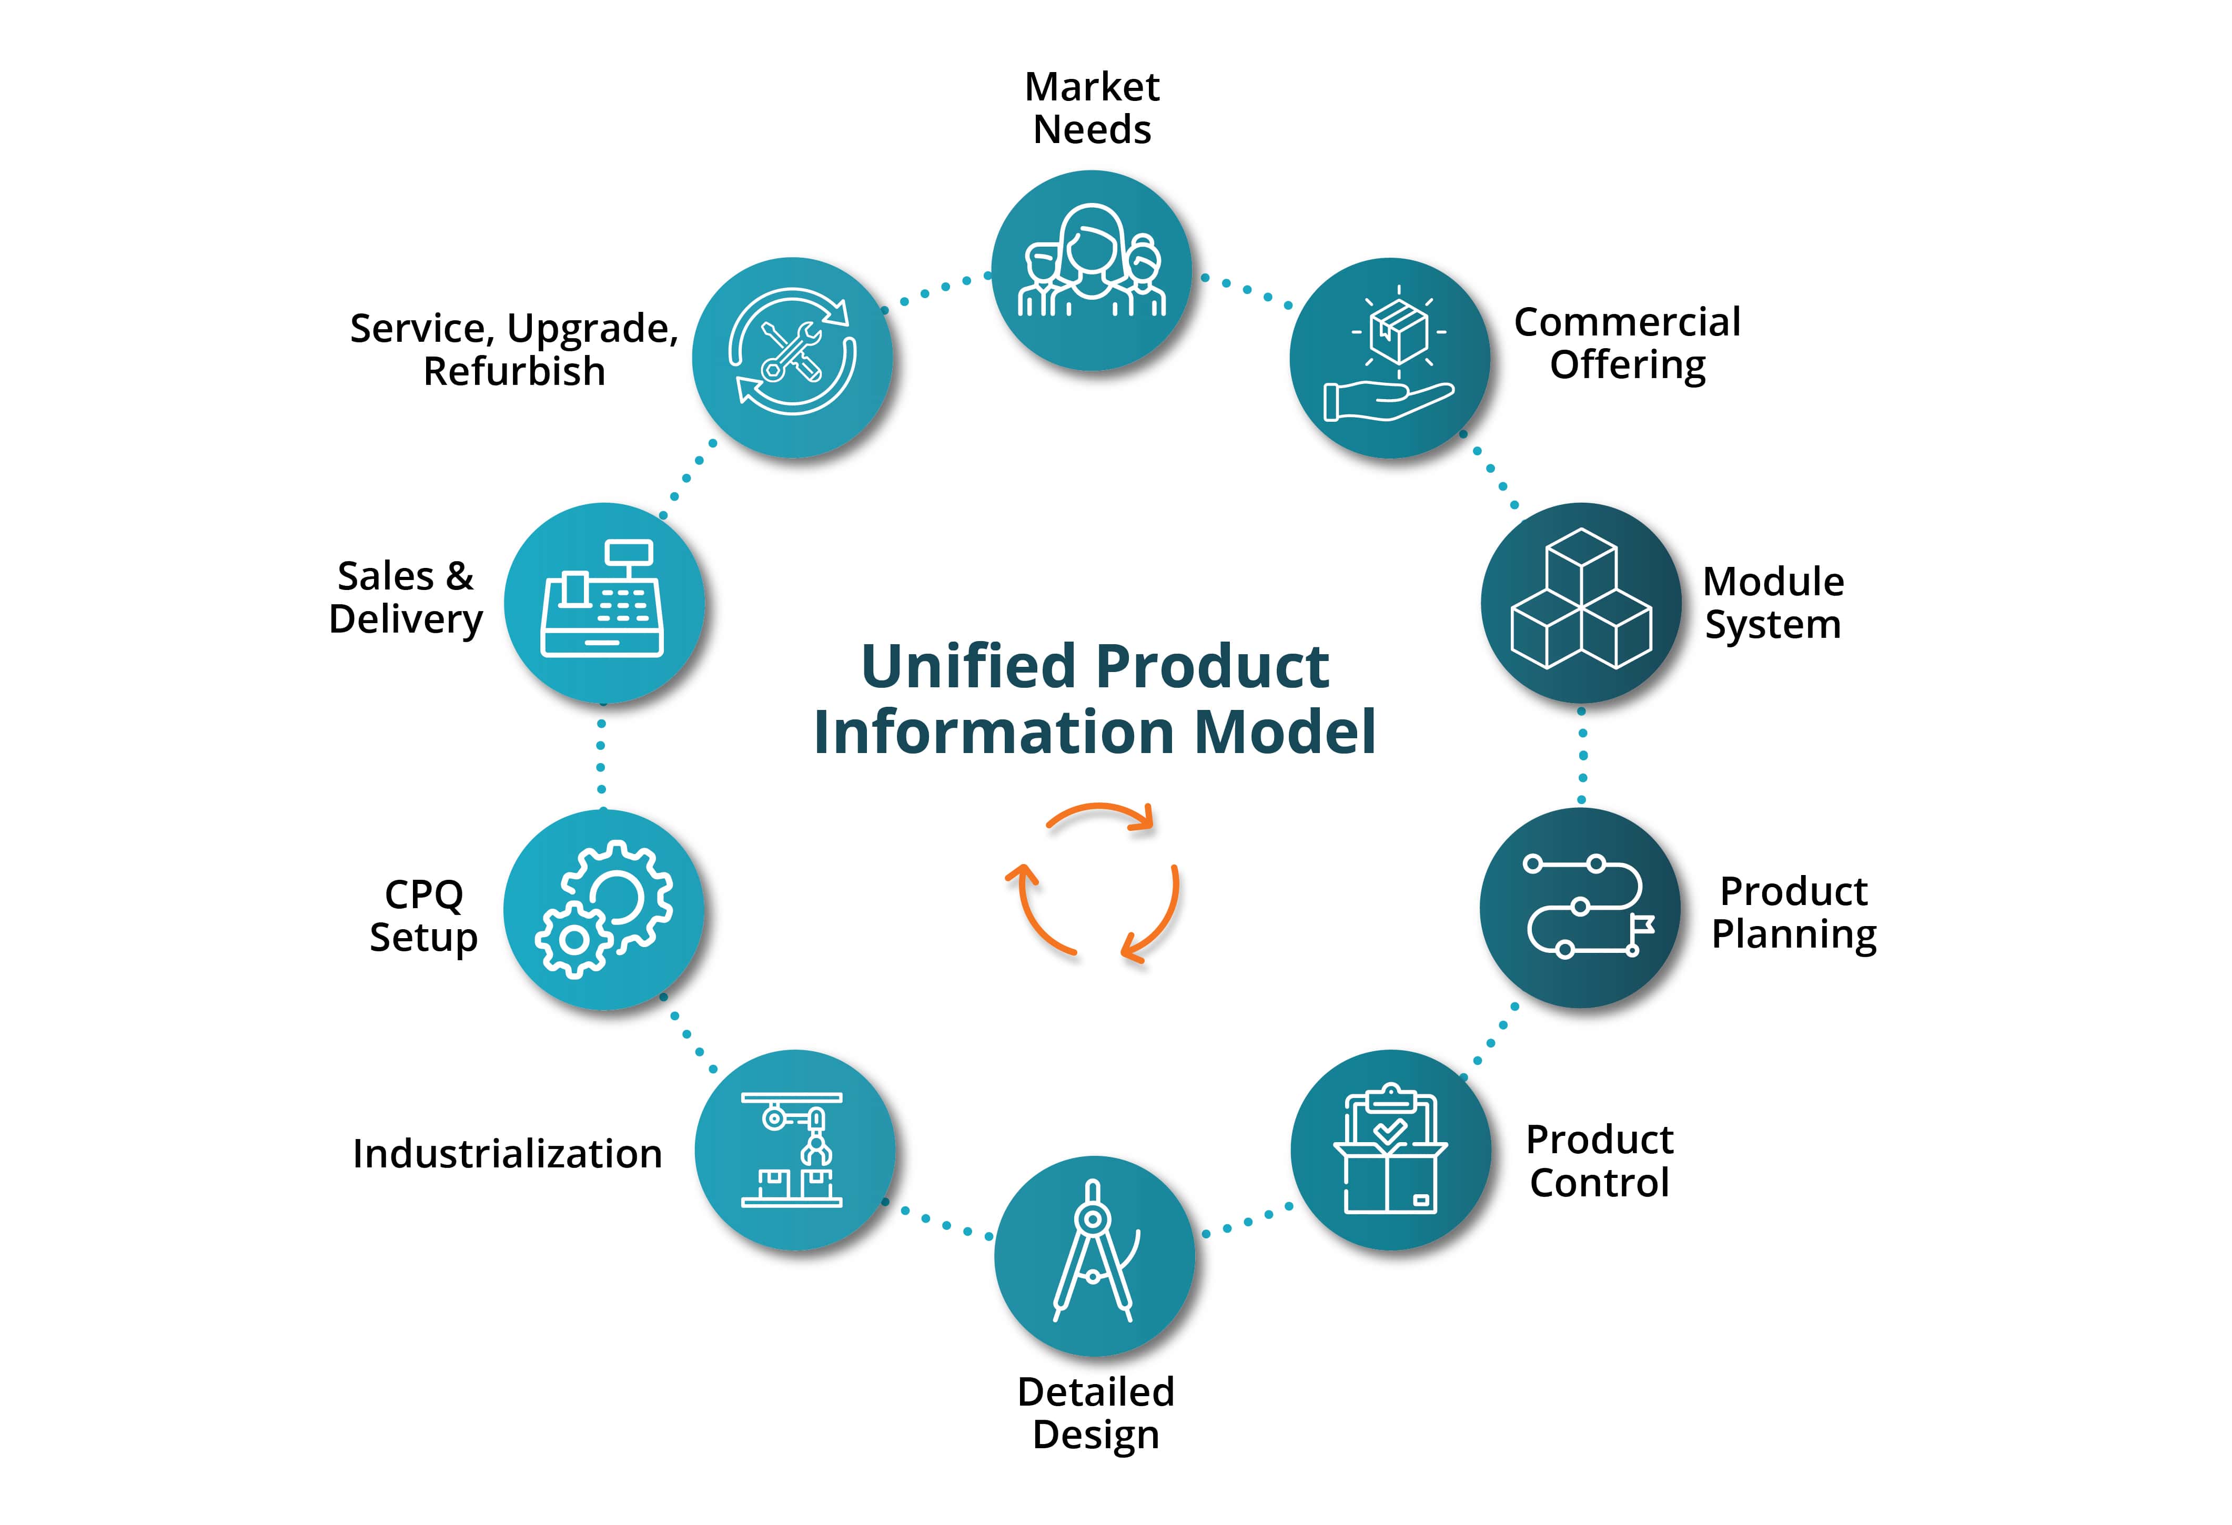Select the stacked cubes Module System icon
pyautogui.click(x=1581, y=602)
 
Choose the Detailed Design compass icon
pyautogui.click(x=1095, y=1253)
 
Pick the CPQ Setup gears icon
pyautogui.click(x=604, y=909)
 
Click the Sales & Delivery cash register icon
pyautogui.click(x=603, y=602)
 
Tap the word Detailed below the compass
pyautogui.click(x=1096, y=1392)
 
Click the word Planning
pyautogui.click(x=1793, y=934)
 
